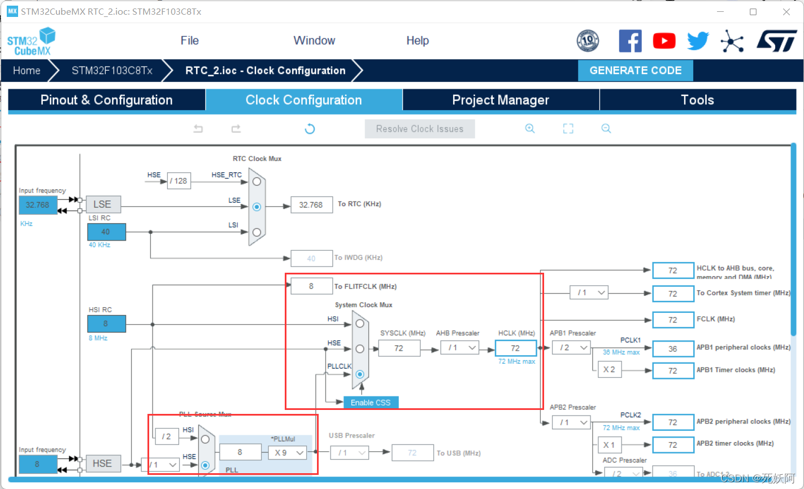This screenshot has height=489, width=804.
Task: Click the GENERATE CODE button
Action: coord(635,71)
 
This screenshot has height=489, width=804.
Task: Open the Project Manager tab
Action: coord(501,100)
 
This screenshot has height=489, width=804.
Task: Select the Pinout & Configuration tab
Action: coord(106,100)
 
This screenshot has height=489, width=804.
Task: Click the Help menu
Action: coord(418,41)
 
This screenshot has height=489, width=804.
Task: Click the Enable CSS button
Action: coord(370,403)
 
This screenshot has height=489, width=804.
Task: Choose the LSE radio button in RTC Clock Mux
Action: coord(257,207)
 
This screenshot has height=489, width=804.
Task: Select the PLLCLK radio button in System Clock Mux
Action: coord(360,374)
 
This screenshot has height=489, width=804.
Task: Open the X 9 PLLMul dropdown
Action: coord(288,452)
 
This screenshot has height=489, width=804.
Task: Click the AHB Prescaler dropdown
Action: coord(463,348)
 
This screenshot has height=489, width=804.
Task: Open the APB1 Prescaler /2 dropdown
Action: coord(571,348)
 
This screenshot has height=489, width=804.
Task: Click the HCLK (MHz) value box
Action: coord(515,348)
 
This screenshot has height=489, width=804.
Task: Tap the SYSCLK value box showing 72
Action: coord(399,348)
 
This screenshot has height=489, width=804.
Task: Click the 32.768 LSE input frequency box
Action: coord(38,205)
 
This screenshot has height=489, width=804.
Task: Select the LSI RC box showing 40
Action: coord(106,232)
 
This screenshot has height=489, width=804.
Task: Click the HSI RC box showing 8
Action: coord(106,324)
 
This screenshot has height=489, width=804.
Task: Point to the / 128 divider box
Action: coord(179,181)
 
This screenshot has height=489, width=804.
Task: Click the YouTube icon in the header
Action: coord(664,41)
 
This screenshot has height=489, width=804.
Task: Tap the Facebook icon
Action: coord(630,41)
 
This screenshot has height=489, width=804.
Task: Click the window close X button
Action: coord(786,12)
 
